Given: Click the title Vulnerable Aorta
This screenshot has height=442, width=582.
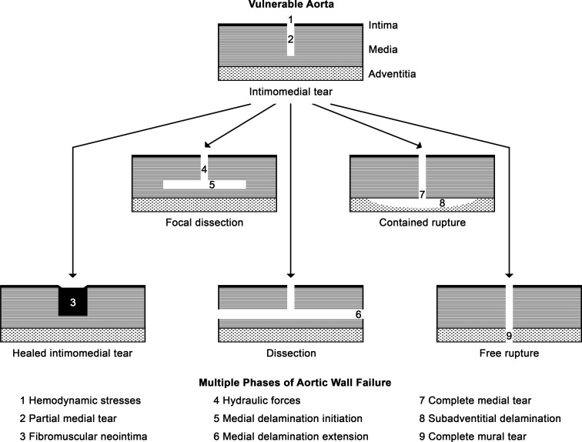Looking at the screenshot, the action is tap(291, 4).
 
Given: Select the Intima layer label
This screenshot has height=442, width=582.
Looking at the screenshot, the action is tap(383, 25).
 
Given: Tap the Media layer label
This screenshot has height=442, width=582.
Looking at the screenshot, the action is tap(383, 49).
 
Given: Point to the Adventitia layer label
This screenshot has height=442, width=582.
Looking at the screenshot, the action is tap(392, 74).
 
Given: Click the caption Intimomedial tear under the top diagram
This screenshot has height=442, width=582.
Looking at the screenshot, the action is tap(291, 92).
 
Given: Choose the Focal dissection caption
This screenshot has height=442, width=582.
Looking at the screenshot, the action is tap(205, 223).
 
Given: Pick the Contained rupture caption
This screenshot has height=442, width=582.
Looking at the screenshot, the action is tap(423, 223).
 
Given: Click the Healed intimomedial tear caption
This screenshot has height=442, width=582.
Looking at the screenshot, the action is tap(72, 353).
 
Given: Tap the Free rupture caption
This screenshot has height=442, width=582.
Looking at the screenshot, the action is tap(510, 353).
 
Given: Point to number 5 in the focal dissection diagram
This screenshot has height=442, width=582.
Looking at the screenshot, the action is tap(212, 185).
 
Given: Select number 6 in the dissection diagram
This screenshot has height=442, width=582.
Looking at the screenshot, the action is tap(358, 314).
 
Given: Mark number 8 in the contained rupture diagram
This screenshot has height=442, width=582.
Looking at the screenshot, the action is tap(442, 203).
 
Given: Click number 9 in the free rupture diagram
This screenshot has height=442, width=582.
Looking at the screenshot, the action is tap(510, 336).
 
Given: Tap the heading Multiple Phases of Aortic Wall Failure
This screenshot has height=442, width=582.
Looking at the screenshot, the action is tap(295, 383).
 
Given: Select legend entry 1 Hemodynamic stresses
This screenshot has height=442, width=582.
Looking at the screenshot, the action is tap(81, 401).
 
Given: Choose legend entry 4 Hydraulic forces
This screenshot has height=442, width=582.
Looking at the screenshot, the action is tap(257, 401).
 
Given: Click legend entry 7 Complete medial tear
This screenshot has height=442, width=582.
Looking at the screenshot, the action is tap(475, 401).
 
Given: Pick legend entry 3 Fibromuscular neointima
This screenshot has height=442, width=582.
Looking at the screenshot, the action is tap(83, 437).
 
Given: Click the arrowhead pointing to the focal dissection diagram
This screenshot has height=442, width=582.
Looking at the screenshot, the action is tap(207, 145).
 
